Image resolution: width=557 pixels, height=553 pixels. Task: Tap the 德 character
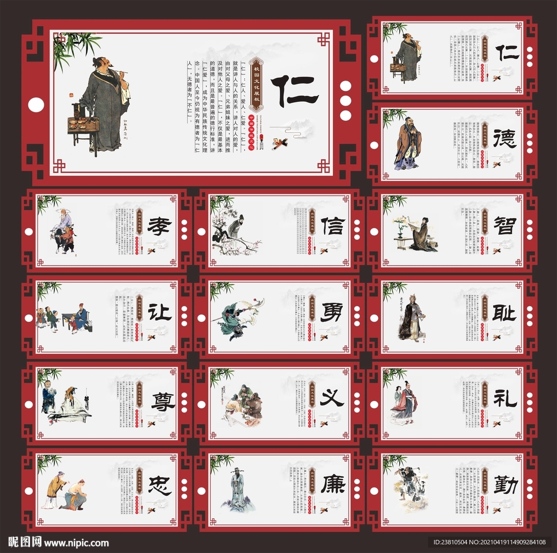[505, 139]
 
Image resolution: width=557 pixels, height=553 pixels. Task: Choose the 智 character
[505, 225]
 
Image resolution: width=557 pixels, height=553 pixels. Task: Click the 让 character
[159, 312]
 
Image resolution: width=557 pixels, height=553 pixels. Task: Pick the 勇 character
[332, 312]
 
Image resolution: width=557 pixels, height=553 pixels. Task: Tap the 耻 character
[505, 312]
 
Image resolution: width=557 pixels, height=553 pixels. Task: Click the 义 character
[332, 399]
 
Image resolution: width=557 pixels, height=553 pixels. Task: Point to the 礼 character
[505, 399]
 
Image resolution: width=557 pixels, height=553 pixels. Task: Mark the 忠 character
[159, 486]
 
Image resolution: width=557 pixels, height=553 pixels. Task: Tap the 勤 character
[505, 484]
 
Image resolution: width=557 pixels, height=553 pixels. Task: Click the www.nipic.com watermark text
[76, 543]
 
